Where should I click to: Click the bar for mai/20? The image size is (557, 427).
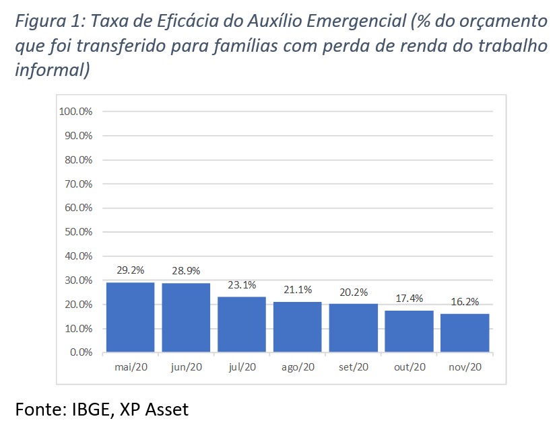point(130,317)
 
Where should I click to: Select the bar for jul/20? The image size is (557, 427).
point(241,324)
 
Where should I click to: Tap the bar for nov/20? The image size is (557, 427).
point(465,332)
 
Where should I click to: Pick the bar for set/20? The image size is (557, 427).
point(353,327)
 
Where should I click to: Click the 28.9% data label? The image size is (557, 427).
point(186,270)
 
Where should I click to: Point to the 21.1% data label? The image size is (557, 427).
point(297,290)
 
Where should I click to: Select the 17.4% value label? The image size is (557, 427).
point(409,299)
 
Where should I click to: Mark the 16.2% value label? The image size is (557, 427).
point(465,302)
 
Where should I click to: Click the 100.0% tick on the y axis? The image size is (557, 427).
point(75,112)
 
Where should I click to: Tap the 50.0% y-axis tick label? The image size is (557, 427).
point(77,232)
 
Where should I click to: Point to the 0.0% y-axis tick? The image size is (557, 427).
point(80,352)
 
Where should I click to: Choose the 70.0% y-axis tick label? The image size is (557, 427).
point(77,184)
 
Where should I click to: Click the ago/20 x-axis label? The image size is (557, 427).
point(297,367)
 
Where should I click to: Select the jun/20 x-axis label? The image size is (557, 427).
point(186,367)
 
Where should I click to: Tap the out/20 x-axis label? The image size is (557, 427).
point(409,367)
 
